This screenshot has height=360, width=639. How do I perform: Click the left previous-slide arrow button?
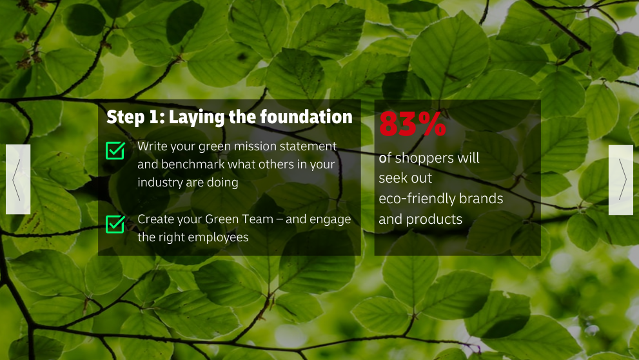18,179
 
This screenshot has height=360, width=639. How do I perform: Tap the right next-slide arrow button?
621,180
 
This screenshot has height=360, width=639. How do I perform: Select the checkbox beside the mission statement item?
115,150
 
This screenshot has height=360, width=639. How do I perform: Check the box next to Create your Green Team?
115,225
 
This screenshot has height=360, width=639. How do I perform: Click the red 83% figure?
413,124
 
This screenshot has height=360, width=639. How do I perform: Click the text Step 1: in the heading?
135,117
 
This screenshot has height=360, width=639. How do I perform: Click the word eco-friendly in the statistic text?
417,199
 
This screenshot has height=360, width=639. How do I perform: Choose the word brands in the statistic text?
481,199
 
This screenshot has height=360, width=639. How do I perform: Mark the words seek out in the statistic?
405,178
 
